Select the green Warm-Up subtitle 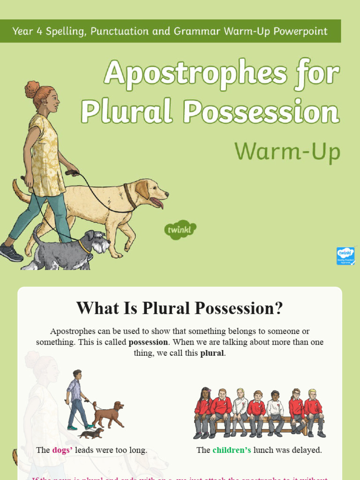pos(287,151)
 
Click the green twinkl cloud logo pos(180,230)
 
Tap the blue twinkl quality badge pos(345,256)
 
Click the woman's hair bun pos(33,89)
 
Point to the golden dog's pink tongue pos(158,203)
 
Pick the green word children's pos(232,450)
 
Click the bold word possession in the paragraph pos(148,342)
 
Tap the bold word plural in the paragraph pos(212,353)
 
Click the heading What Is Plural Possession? pos(180,308)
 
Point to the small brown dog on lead pos(108,414)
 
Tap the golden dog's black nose pos(166,194)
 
